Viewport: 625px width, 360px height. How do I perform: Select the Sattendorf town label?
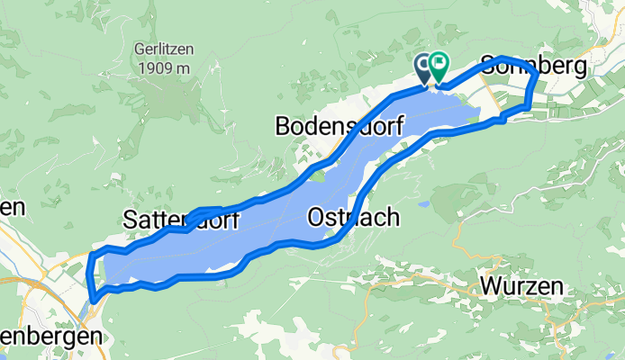click(179, 219)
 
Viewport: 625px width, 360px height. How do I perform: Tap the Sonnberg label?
click(534, 66)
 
